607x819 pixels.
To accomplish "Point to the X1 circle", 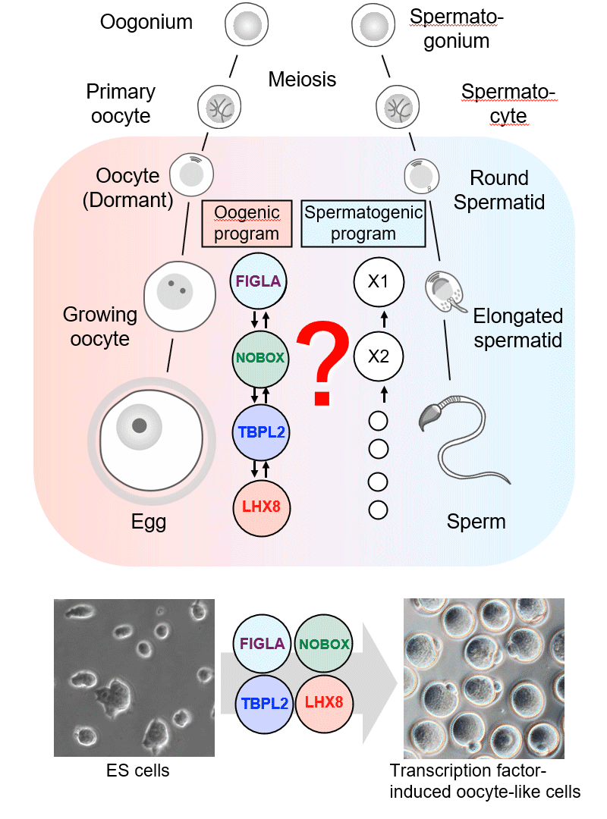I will coord(378,281).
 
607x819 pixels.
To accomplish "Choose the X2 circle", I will coord(378,356).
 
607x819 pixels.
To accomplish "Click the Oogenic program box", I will coord(247,223).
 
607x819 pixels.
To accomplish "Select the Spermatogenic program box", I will coord(363,223).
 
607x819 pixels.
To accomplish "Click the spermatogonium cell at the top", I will coord(372,27).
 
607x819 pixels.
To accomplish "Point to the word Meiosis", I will coord(302,79).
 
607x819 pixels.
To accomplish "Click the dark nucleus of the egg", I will coord(140,425).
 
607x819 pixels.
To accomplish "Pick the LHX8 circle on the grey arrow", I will coord(324,702).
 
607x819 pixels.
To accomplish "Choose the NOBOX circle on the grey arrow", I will coord(324,645).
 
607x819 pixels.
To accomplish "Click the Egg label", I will coord(149,522).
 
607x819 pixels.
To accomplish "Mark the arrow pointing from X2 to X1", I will coord(384,319).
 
